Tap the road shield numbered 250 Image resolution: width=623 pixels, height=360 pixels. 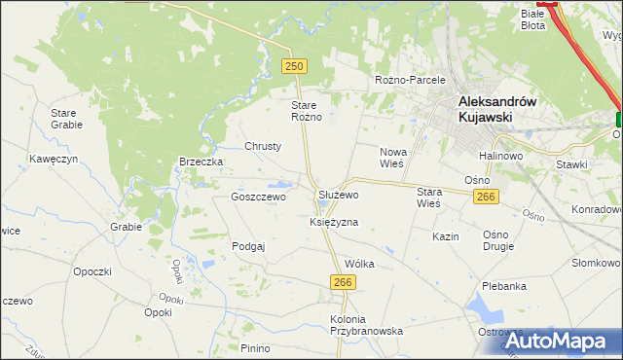[295, 66]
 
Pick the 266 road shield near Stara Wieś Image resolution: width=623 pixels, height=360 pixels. [487, 198]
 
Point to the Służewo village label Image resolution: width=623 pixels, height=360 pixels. [339, 195]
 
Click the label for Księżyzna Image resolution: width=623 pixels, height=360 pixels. [334, 222]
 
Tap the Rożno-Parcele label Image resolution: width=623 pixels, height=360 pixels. [410, 80]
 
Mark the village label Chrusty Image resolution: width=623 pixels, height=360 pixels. [263, 146]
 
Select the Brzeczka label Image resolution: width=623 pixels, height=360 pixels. [202, 162]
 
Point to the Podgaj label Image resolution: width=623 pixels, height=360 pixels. [248, 246]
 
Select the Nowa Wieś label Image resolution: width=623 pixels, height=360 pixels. [392, 158]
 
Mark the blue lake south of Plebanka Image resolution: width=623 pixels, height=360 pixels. [484, 310]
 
